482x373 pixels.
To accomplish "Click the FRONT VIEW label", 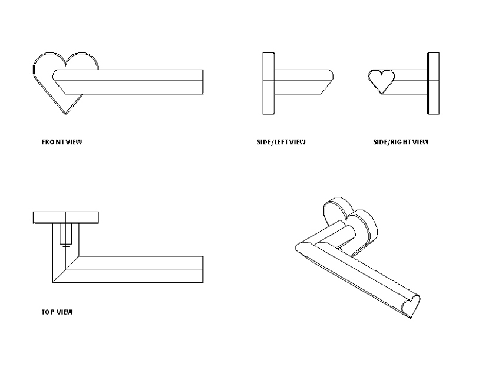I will pos(61,142).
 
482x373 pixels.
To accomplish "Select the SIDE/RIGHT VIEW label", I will pos(401,142).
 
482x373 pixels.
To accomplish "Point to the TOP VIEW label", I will pos(53,312).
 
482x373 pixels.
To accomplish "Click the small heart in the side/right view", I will pos(381,80).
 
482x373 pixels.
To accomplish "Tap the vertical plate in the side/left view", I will pos(268,84).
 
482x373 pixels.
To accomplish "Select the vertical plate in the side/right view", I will pos(433,84).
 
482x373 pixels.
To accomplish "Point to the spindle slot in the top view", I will pos(66,235).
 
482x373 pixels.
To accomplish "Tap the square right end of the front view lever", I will pos(202,82).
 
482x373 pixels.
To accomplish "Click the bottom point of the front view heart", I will pos(65,113).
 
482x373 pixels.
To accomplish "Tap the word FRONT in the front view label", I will pos(51,142).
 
